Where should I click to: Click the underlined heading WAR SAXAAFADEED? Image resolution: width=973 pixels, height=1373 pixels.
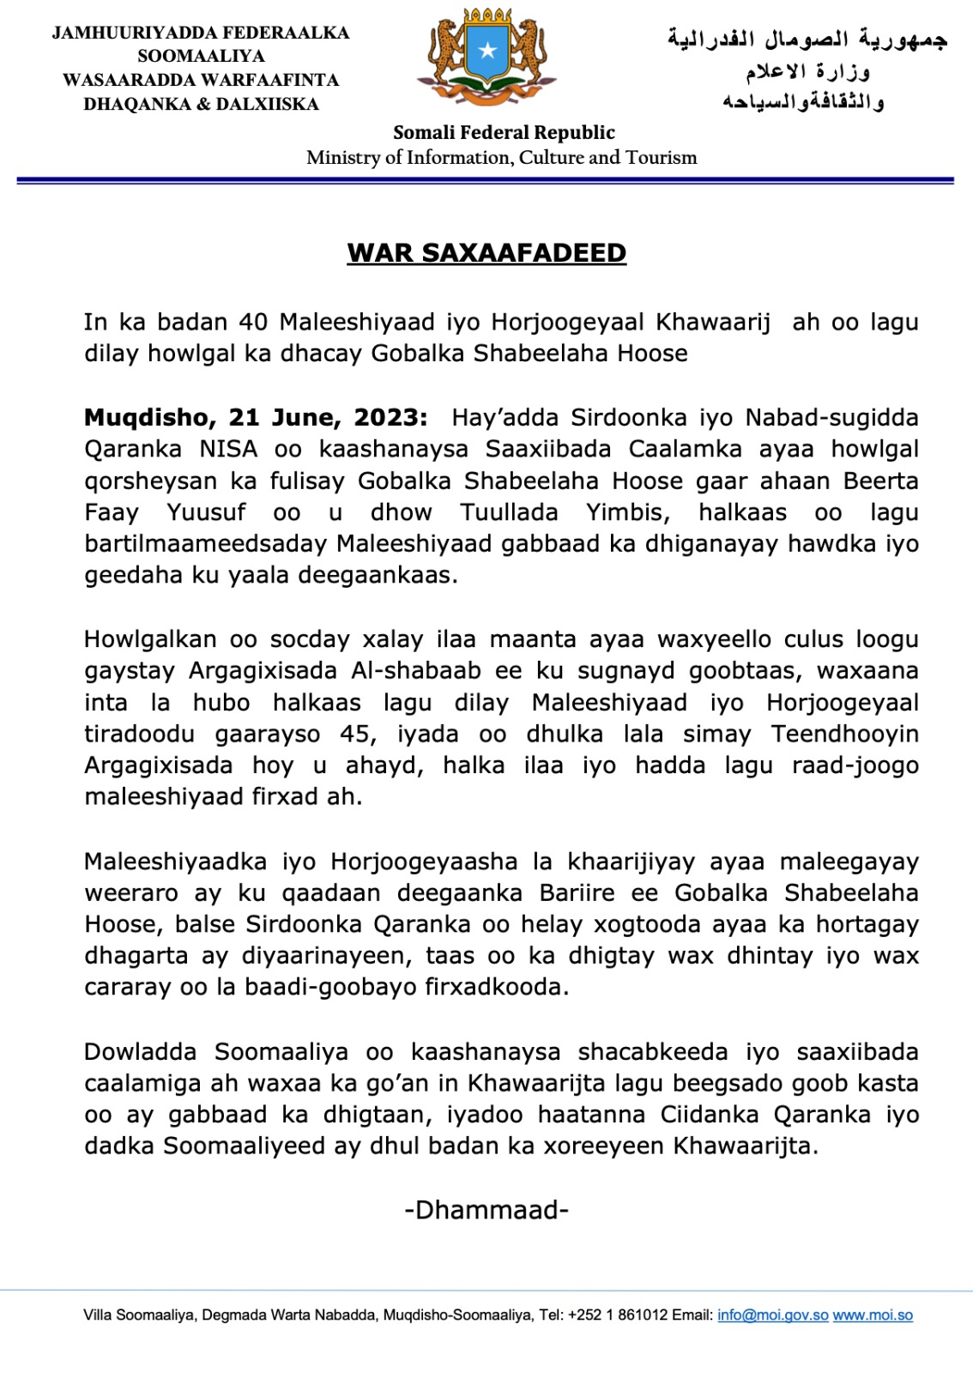tap(486, 253)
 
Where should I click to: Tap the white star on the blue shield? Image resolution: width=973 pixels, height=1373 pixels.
tap(487, 51)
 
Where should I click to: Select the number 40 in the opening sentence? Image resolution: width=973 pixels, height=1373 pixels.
tap(254, 323)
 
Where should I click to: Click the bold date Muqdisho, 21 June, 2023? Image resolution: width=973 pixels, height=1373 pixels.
tap(255, 418)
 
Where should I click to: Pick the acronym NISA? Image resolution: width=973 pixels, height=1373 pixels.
tap(228, 450)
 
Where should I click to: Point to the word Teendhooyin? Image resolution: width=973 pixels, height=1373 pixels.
tap(844, 735)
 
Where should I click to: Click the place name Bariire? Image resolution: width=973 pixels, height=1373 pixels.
tap(577, 893)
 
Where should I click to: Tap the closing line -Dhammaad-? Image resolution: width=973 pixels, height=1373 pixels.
tap(486, 1210)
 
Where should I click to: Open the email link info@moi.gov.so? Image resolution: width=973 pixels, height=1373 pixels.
tap(772, 1316)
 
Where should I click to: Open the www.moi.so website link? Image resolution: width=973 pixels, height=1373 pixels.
tap(873, 1316)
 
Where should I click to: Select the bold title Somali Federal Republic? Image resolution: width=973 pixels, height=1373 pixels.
tap(504, 133)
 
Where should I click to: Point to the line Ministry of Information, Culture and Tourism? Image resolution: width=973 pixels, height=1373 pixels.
tap(501, 158)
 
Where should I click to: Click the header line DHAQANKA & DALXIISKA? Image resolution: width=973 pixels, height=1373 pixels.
tap(201, 105)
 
